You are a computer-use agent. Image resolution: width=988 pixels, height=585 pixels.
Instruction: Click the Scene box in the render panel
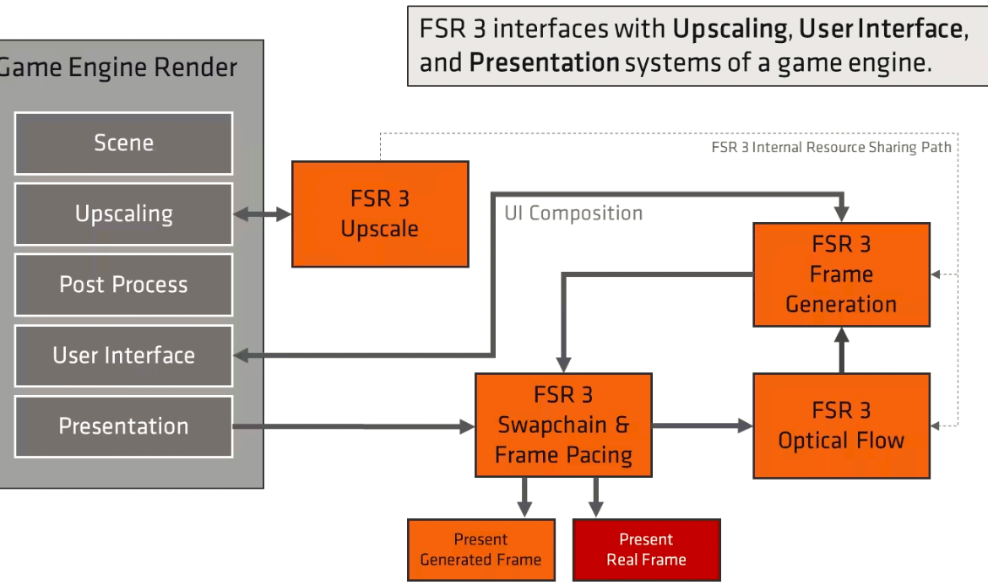click(x=123, y=143)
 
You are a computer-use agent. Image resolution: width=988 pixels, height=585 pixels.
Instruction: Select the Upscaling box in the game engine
click(x=123, y=214)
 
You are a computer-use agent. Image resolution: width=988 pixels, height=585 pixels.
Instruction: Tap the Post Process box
click(x=123, y=284)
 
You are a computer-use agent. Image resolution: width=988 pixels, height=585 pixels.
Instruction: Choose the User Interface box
click(x=123, y=355)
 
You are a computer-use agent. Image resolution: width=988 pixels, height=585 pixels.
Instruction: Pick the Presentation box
click(x=123, y=426)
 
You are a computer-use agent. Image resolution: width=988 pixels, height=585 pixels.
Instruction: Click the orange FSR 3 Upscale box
click(x=380, y=214)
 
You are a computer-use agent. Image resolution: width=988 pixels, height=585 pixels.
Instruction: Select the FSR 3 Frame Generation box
click(x=841, y=274)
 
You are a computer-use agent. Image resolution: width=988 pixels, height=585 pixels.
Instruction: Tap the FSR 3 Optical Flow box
click(x=841, y=425)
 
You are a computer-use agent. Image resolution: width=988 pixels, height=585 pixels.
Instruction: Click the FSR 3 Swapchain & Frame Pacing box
click(x=563, y=425)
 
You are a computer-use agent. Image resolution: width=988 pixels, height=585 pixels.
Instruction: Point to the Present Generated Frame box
click(x=480, y=550)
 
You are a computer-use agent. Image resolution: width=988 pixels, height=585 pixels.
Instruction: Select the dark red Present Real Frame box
click(x=646, y=550)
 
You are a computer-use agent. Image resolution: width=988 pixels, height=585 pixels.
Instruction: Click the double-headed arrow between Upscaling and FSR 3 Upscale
click(x=262, y=214)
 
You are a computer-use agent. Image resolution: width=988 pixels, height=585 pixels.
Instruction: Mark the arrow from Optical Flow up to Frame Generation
click(x=841, y=350)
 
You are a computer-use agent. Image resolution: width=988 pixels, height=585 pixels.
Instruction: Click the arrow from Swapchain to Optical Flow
click(x=702, y=425)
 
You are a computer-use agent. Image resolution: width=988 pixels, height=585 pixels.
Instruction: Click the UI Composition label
click(x=573, y=213)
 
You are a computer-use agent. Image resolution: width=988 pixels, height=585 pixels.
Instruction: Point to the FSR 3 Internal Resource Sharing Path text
click(x=831, y=147)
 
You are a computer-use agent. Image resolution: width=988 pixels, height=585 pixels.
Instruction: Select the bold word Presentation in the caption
click(x=545, y=62)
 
